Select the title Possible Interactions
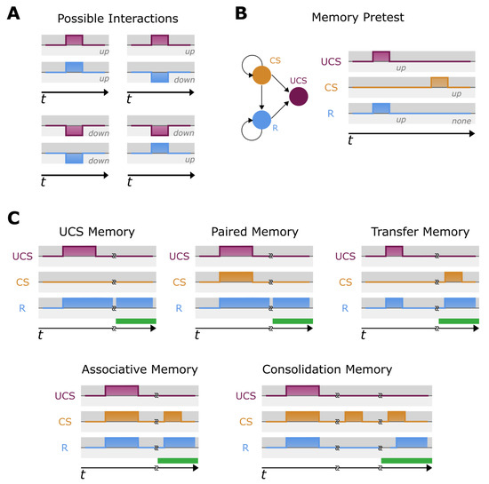pos(118,18)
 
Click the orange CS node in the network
pos(262,75)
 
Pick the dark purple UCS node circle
pos(300,97)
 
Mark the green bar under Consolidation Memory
pos(406,461)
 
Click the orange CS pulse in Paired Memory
pos(236,276)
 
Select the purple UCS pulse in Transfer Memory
pos(394,252)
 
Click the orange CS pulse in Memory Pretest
pos(439,82)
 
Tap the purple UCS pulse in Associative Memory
pos(121,391)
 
